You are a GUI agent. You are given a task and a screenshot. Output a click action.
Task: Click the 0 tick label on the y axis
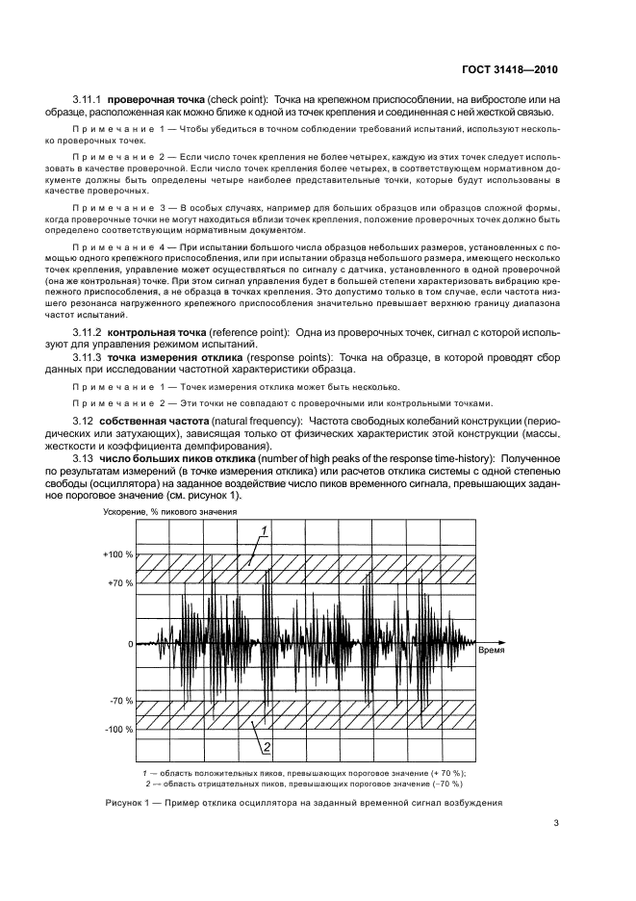pos(130,644)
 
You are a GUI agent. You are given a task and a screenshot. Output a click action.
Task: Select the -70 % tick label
pos(120,701)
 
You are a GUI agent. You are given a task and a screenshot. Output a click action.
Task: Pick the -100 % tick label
pos(118,731)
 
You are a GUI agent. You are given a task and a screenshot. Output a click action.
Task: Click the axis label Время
pos(493,651)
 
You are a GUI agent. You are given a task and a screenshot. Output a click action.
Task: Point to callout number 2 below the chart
pos(266,745)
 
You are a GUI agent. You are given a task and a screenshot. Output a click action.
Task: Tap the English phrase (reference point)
pos(245,332)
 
